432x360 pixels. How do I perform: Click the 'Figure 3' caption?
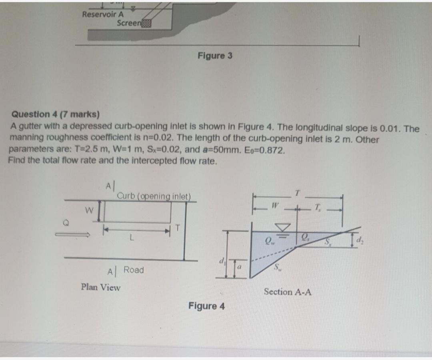pyautogui.click(x=215, y=56)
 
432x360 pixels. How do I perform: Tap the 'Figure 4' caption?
pyautogui.click(x=206, y=306)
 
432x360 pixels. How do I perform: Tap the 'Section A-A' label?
pyautogui.click(x=288, y=292)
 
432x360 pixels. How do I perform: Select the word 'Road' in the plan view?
pyautogui.click(x=134, y=270)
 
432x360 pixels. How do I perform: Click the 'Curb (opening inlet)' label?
pyautogui.click(x=154, y=196)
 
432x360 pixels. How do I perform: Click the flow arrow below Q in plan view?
pyautogui.click(x=74, y=236)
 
